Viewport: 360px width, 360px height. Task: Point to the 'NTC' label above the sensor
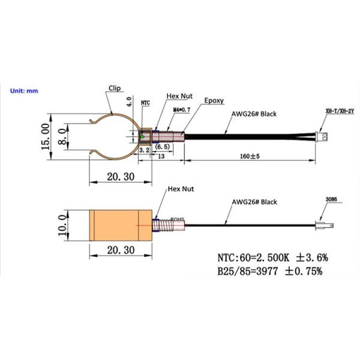(x=145, y=103)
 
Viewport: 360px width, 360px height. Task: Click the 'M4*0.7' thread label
(x=181, y=110)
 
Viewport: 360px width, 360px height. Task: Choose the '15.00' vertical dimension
(x=44, y=137)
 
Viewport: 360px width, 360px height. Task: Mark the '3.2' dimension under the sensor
(x=143, y=151)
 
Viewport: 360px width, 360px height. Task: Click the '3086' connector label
(x=331, y=199)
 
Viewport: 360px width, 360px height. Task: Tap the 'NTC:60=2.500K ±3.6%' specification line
(x=272, y=258)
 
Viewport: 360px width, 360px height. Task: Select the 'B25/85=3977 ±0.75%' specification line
(x=270, y=271)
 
